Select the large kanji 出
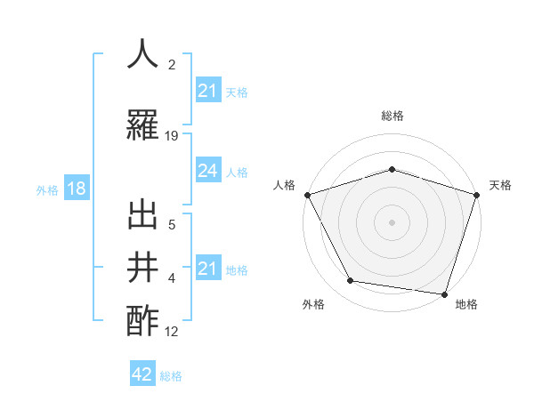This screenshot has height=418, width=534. point(143,215)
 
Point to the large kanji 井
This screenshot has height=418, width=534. point(143,267)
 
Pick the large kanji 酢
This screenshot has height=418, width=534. point(143,319)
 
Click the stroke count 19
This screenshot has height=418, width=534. point(172,136)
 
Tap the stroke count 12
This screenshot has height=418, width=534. point(172,332)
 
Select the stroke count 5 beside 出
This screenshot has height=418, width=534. point(172,225)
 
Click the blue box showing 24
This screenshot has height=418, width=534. point(207,171)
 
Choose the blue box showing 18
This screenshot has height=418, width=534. point(76,189)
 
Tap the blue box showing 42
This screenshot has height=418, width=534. point(142,374)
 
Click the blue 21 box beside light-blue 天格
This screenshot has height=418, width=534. point(207,91)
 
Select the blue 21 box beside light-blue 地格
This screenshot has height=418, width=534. point(207,269)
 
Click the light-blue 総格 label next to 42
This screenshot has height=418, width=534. point(171,376)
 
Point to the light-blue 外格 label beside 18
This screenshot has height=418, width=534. point(47,189)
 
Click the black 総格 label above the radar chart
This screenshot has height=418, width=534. point(392,116)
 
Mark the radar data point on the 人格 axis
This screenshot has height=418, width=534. point(307,195)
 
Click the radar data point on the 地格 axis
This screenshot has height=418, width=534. point(444,293)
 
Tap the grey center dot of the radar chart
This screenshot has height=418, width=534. point(392,221)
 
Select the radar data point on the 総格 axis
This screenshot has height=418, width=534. point(392,169)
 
